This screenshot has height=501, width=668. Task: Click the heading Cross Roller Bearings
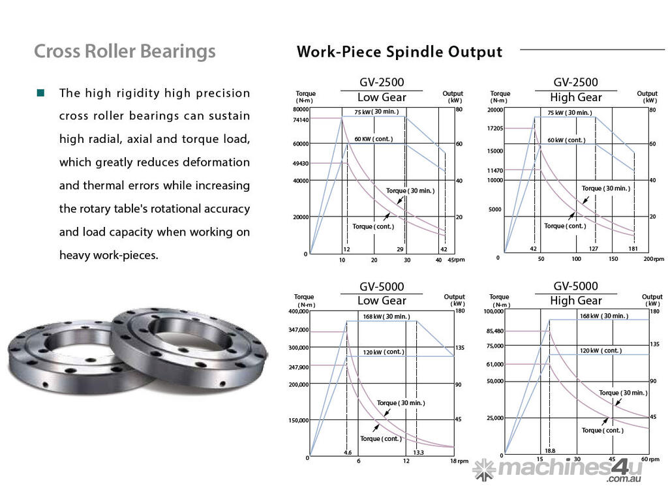[x=125, y=51]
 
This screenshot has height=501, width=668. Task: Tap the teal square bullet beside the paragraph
[x=41, y=93]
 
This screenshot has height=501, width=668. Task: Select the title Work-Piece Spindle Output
[x=399, y=52]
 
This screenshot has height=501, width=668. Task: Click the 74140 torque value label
[x=301, y=119]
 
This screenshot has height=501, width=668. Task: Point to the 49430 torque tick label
[x=301, y=163]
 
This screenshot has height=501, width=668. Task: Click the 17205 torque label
[x=494, y=128]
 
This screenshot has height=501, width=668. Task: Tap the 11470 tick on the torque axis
[x=494, y=170]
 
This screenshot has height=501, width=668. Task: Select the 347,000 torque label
[x=298, y=330]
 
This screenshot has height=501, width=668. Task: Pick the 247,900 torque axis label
[x=298, y=367]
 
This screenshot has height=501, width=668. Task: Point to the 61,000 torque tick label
[x=494, y=364]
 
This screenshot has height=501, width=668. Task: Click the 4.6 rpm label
[x=348, y=453]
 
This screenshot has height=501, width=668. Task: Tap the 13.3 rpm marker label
[x=418, y=453]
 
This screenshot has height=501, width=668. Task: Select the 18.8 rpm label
[x=550, y=451]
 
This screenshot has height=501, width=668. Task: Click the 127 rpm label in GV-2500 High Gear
[x=594, y=249]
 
